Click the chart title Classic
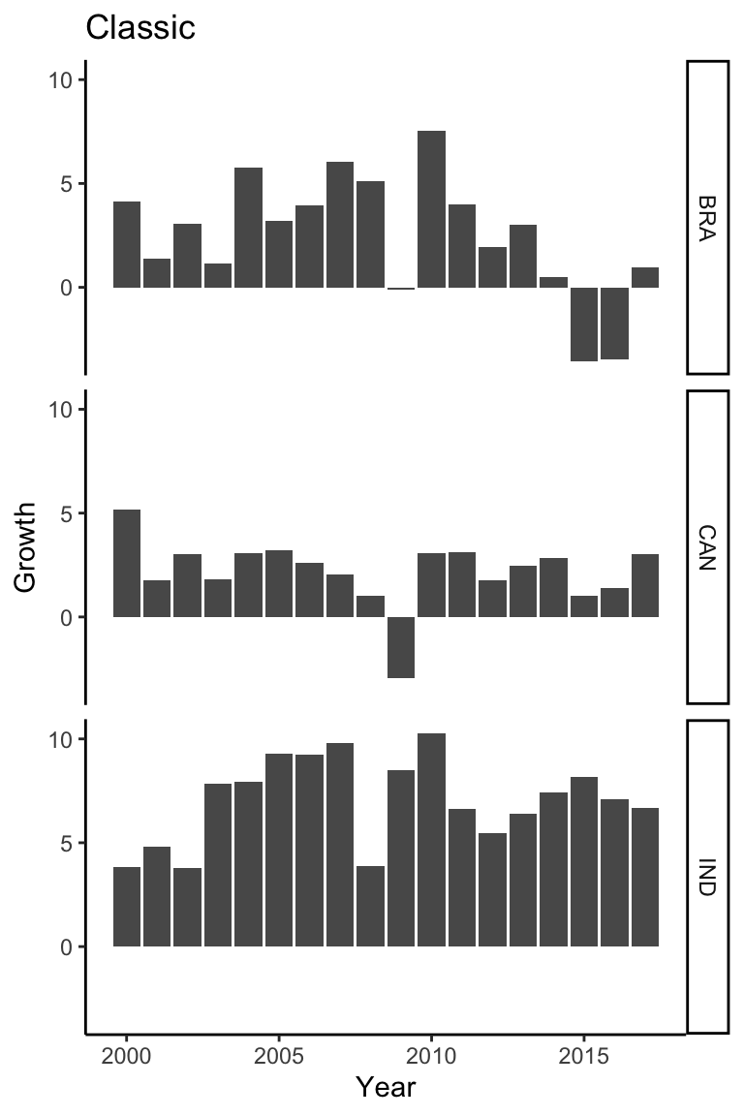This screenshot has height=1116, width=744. pos(140,28)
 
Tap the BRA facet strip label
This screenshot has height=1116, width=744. pos(706,216)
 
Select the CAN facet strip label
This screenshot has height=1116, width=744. pos(706,547)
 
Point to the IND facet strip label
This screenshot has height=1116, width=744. pos(706,876)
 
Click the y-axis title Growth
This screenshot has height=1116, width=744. pos(26,547)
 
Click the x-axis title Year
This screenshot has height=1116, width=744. pos(386,1087)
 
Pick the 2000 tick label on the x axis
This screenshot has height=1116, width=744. pos(127,1054)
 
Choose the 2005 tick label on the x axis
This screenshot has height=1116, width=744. pos(279,1054)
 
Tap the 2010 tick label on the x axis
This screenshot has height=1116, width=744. pos(431,1054)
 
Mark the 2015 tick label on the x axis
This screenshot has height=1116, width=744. pos(583,1054)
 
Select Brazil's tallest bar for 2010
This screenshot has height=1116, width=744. pos(431,209)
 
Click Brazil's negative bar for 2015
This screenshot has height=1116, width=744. pos(583,324)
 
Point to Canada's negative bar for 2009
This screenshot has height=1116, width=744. pos(401,647)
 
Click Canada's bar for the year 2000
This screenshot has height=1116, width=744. pos(127,563)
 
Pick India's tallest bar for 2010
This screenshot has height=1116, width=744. pos(431,840)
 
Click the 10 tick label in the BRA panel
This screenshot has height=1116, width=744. pos(61,80)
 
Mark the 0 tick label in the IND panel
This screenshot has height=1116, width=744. pos(66,946)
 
